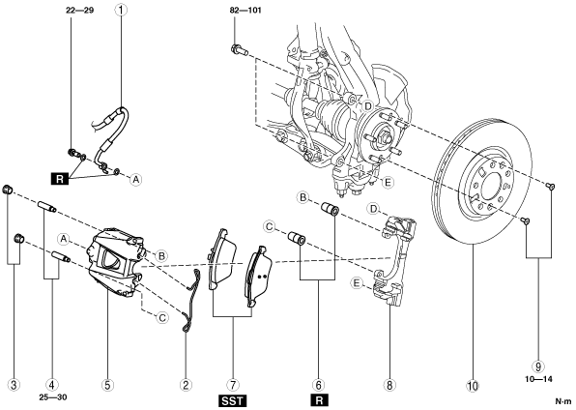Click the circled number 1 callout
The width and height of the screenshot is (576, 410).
coord(121,10)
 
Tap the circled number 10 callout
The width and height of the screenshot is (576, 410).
coord(473,386)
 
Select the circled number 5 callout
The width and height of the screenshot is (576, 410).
coord(107,385)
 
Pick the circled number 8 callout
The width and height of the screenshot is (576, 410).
coord(389,385)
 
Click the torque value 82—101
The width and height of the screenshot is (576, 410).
coord(245,11)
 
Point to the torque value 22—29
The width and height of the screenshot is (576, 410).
coord(80,11)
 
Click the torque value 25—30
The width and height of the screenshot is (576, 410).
coord(53,397)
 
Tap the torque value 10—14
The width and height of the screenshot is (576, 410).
coord(538,379)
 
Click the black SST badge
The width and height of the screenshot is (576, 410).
coord(233,400)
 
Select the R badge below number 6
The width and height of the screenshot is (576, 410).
coord(319,400)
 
